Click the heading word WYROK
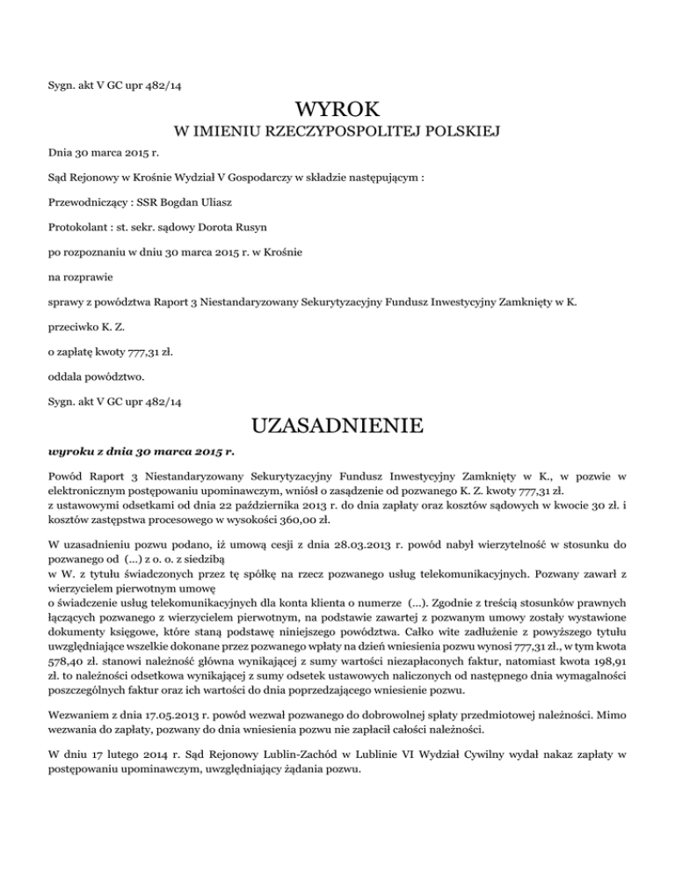[x=337, y=112]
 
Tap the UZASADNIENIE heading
[x=337, y=427]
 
